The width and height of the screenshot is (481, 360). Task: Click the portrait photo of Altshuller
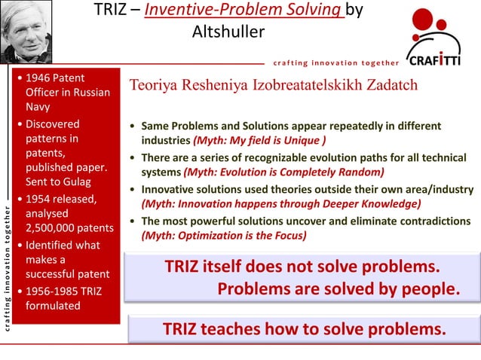pyautogui.click(x=26, y=32)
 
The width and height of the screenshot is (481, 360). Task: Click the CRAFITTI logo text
pyautogui.click(x=434, y=60)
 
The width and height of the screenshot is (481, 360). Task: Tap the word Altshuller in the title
pyautogui.click(x=228, y=32)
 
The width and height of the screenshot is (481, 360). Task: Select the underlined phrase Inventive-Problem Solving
pyautogui.click(x=245, y=11)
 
